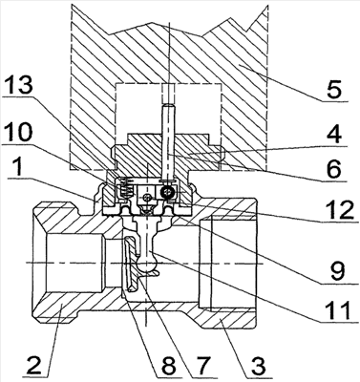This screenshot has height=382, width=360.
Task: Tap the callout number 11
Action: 337,309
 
